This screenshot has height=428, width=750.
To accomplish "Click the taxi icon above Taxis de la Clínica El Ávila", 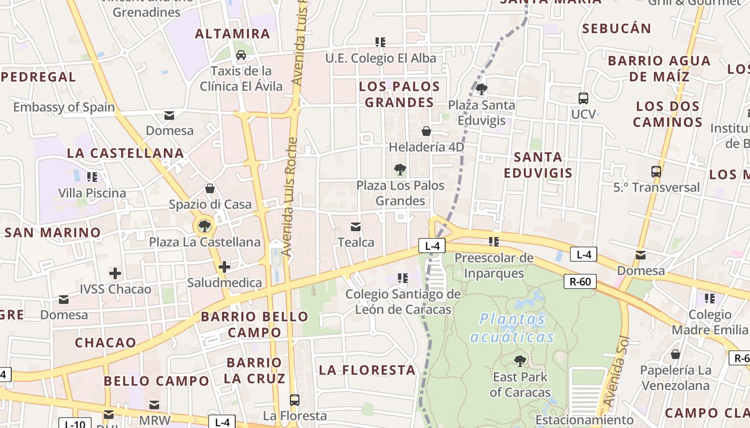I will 241,55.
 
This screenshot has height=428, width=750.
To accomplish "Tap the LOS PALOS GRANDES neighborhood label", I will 400,94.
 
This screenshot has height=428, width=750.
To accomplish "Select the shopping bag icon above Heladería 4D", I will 426,131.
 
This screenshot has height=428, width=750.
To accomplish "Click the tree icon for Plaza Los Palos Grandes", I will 400,170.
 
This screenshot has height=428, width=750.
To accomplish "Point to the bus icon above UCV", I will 583,98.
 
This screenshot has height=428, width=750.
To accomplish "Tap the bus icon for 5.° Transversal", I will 656,172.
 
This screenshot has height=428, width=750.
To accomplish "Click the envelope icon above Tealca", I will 356,227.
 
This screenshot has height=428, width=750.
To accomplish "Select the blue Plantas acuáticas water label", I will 512,328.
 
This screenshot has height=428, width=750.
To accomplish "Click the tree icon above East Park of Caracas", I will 520,361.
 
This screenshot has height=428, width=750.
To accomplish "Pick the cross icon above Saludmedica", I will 224,266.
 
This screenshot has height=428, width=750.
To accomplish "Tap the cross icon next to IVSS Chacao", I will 115,274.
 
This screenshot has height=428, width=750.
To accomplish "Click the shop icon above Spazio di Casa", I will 210,188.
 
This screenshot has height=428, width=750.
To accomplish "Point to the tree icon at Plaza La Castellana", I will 204,226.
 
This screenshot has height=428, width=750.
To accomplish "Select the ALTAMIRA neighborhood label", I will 232,34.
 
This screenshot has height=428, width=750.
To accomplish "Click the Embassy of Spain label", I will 64,107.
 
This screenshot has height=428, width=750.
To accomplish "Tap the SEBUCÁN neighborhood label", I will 617,28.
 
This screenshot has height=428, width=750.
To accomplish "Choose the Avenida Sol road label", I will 616,378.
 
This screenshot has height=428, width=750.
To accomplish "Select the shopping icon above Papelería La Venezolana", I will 676,354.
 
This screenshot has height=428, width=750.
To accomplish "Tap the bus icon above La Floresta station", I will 294,400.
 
